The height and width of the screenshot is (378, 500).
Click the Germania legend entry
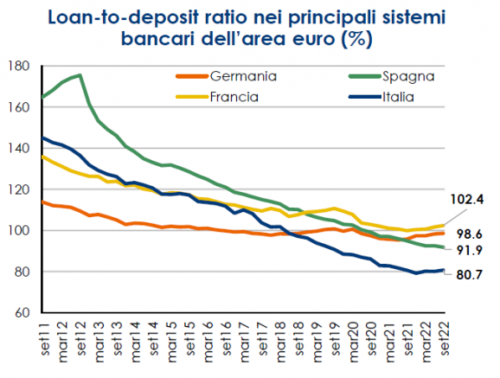(227, 76)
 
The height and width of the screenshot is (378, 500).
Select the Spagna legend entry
(392, 77)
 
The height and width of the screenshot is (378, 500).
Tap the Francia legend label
(234, 97)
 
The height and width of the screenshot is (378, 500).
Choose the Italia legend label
(398, 97)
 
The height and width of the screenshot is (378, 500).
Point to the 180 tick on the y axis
(19, 66)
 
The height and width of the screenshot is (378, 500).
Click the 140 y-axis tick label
(19, 148)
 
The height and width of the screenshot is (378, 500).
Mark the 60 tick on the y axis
(22, 312)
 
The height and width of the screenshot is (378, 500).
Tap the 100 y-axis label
(19, 230)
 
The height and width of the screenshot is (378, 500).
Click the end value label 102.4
(467, 199)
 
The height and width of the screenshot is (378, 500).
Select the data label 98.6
(470, 234)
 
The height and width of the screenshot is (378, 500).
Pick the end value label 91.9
(470, 250)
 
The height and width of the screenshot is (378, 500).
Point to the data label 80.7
(470, 275)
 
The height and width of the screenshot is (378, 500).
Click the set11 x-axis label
(46, 339)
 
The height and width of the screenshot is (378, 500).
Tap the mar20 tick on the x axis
(354, 342)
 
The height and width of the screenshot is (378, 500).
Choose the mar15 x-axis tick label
(172, 342)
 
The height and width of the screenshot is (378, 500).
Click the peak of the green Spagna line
(80, 75)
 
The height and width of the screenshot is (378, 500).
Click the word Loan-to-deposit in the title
(124, 17)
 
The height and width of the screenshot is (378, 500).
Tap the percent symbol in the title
(356, 39)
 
